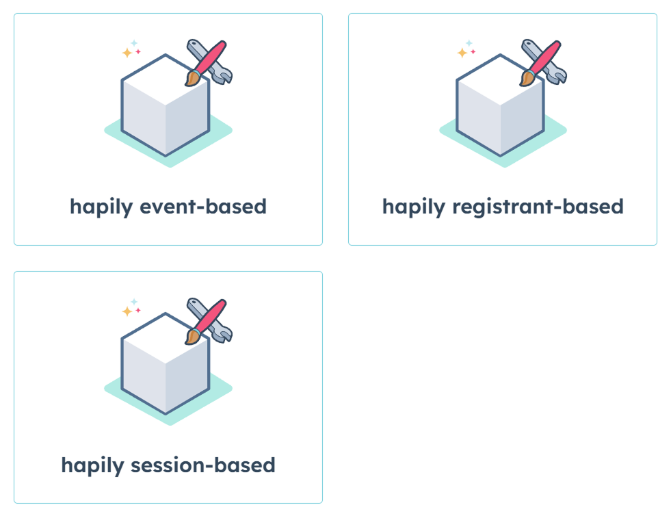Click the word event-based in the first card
[203, 207]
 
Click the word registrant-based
[538, 207]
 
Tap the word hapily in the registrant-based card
[414, 207]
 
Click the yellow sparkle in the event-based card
[127, 53]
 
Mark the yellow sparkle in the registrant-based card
[462, 53]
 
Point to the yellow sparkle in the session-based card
[127, 311]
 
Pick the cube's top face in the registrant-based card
[501, 81]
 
